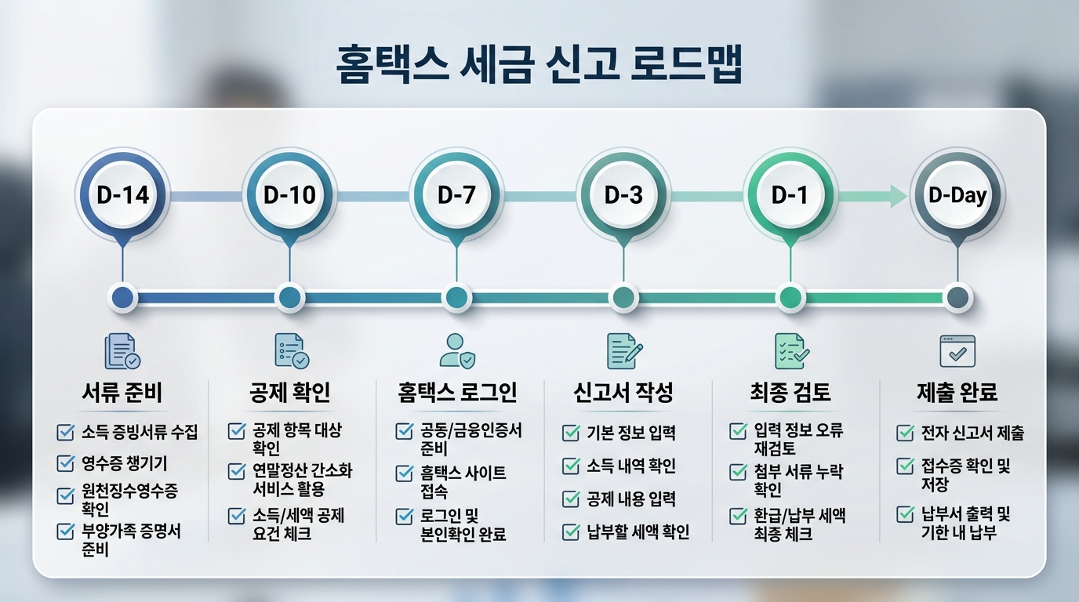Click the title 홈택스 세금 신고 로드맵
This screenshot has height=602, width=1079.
point(539,66)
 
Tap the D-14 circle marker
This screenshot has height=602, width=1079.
point(122,194)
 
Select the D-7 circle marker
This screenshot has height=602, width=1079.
point(456,194)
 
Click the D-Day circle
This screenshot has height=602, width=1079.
point(957,194)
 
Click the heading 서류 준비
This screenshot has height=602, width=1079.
point(122,391)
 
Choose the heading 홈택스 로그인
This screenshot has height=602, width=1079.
point(457,391)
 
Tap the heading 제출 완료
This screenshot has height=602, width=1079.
point(957,391)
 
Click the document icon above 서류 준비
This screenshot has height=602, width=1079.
point(122,351)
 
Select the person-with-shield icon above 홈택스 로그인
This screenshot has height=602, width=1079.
point(457,351)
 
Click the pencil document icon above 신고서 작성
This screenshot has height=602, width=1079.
point(624,351)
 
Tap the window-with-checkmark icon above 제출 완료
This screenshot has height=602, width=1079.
point(957,351)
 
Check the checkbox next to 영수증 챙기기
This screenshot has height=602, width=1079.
point(66,463)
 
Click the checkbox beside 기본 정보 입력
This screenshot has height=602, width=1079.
point(572,432)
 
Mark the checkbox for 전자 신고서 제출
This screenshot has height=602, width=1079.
point(906,433)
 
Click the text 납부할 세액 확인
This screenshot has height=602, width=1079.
point(638,533)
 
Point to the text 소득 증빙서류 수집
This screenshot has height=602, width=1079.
point(140,432)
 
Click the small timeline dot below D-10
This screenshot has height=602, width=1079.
point(289,298)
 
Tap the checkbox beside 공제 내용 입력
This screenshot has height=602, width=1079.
point(572,499)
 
